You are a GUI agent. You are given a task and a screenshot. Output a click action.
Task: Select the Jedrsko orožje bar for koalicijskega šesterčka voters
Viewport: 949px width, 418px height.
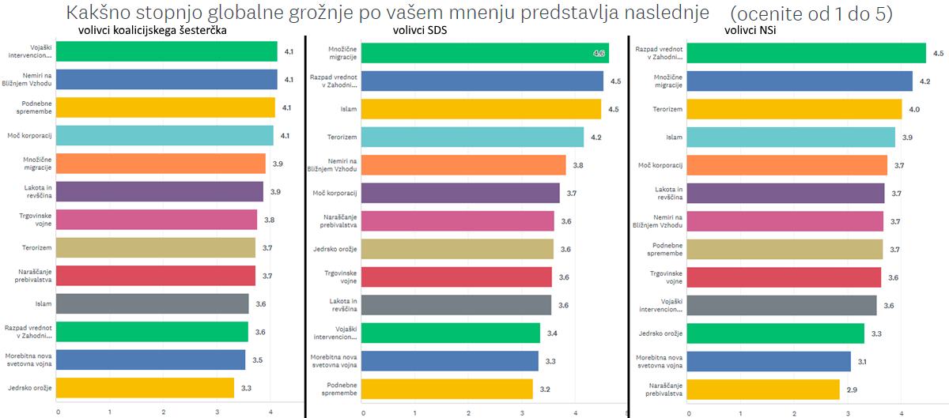point(146,388)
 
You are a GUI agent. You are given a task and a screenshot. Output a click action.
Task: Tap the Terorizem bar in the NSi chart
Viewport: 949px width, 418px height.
point(795,109)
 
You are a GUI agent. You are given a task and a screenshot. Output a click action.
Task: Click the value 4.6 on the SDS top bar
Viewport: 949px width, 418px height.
point(599,54)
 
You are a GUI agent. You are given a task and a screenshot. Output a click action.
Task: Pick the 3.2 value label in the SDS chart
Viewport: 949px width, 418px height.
point(545,390)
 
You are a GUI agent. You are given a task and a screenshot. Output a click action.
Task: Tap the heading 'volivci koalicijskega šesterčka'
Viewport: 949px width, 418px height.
point(152,31)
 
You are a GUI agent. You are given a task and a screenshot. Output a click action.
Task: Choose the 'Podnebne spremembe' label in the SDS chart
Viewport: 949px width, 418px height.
point(339,389)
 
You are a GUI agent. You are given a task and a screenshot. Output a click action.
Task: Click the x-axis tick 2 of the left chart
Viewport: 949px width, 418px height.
point(164,412)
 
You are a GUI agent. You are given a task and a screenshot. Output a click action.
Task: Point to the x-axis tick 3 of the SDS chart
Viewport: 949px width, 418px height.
point(523,412)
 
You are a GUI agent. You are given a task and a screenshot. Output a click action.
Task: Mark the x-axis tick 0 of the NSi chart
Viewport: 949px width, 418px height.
point(689,412)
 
